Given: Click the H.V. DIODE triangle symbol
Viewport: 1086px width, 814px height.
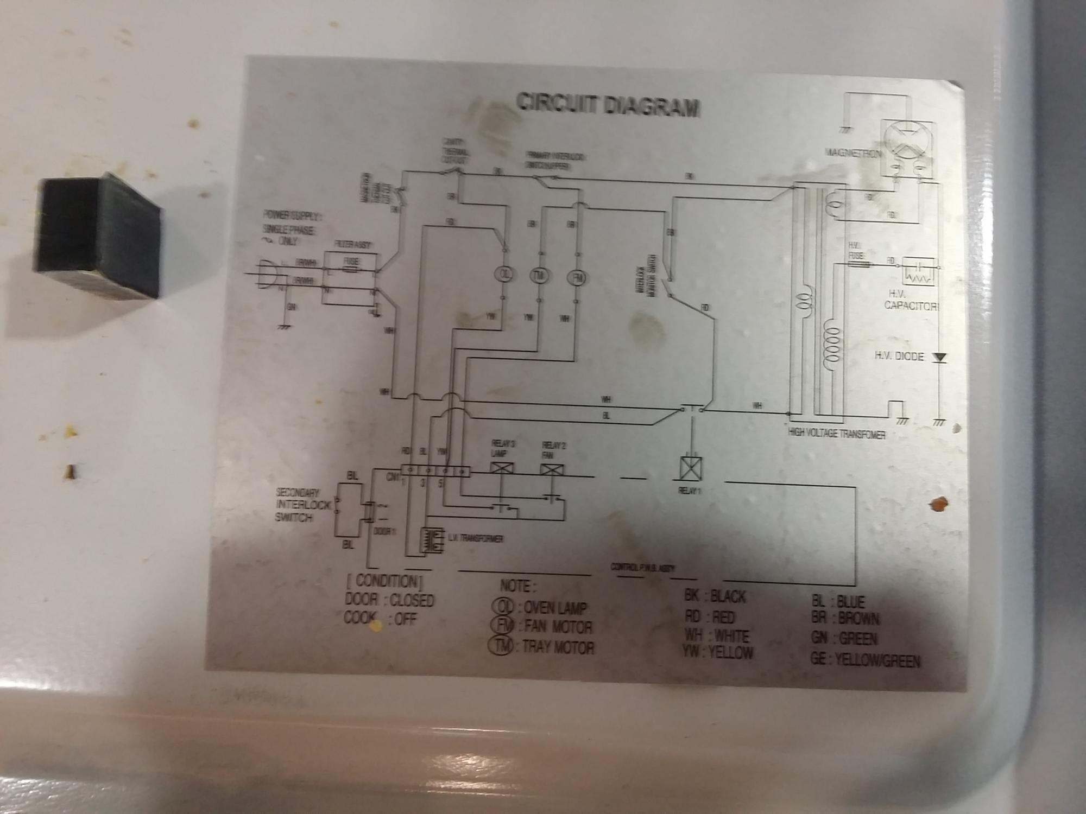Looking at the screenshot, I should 939,358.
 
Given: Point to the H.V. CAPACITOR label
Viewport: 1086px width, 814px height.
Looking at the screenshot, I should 911,300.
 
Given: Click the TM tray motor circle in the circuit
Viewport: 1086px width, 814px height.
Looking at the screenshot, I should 540,276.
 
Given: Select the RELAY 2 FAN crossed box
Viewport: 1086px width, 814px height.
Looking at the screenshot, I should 552,470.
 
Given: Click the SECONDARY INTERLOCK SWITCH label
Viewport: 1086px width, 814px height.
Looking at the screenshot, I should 295,505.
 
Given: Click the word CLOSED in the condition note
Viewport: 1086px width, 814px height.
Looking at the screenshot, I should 412,600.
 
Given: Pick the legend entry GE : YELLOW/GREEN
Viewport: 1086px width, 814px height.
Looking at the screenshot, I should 864,660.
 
